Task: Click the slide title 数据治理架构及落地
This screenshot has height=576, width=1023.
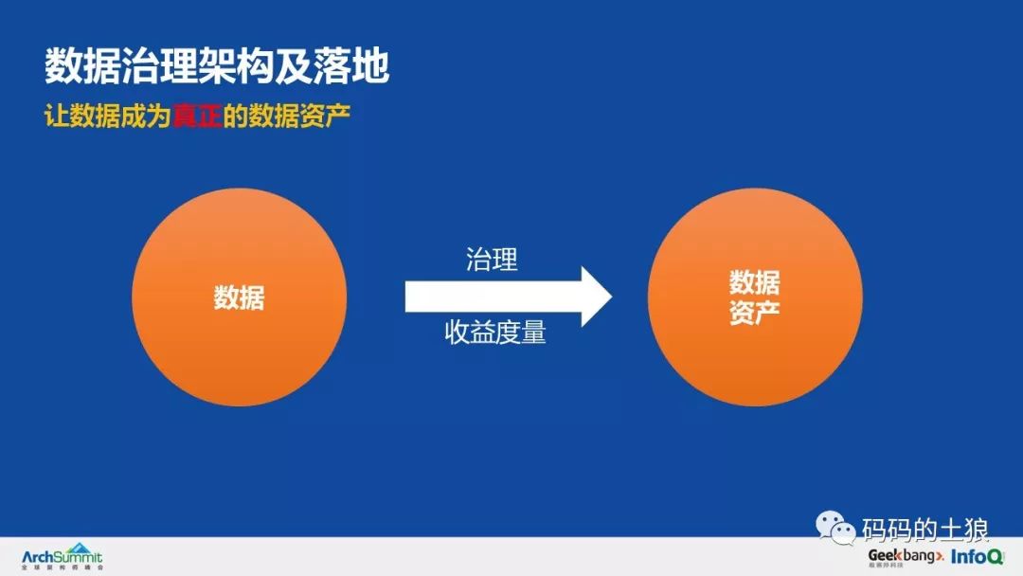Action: [x=217, y=67]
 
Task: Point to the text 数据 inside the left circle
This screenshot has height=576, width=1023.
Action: [x=239, y=297]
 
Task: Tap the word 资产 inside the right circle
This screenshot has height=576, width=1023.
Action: [x=755, y=313]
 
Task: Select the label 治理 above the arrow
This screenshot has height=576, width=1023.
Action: [x=492, y=260]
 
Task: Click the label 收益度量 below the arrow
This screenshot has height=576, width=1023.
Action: [x=495, y=333]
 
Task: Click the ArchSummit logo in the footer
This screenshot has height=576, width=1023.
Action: [x=63, y=557]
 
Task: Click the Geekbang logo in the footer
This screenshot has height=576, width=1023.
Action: [x=906, y=556]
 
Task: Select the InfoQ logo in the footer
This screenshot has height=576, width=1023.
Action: [x=976, y=556]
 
